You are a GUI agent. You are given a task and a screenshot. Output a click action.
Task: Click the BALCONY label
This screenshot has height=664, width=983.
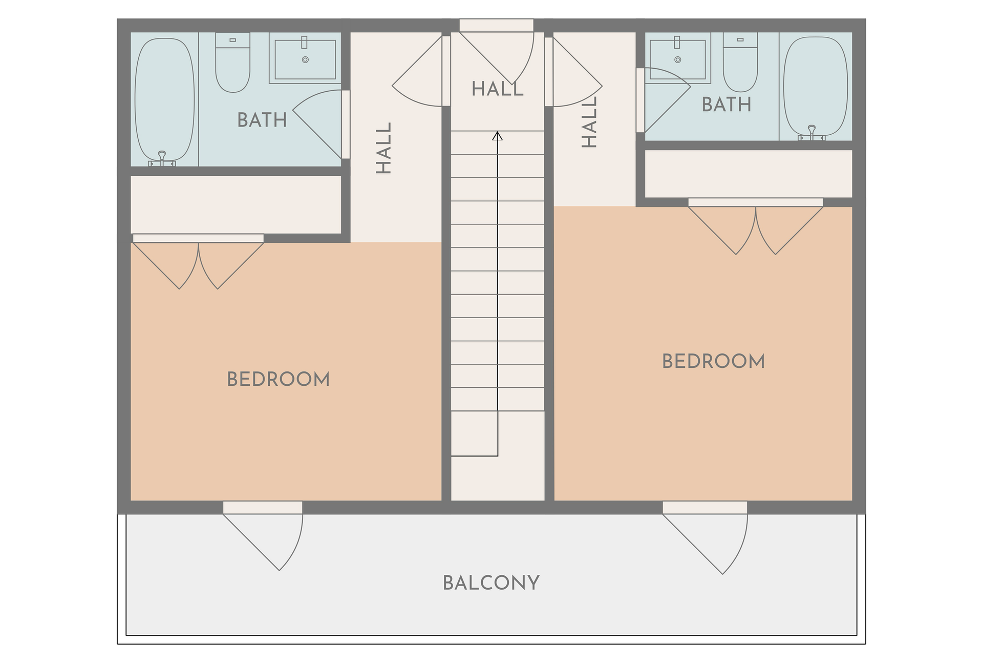click(491, 583)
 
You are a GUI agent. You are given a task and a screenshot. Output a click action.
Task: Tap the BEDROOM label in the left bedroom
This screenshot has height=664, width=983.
click(279, 380)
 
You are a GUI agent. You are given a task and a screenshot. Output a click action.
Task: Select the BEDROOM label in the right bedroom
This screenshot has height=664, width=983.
click(714, 362)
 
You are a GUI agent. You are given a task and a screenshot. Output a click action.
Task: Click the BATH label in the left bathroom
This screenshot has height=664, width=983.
click(262, 120)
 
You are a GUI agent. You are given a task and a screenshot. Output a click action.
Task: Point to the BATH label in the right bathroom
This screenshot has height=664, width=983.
click(726, 105)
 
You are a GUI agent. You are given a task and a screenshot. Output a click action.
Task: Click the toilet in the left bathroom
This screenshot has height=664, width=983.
click(233, 63)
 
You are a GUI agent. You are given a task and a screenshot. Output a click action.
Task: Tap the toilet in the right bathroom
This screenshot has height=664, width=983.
click(740, 63)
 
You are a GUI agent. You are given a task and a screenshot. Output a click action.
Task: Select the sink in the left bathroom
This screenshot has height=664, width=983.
click(305, 58)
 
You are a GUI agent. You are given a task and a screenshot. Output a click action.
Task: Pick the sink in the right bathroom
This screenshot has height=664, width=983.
click(678, 58)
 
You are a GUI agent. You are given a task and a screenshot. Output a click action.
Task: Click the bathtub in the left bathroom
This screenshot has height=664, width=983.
click(164, 100)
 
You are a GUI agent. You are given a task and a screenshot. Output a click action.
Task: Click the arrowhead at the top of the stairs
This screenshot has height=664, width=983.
click(497, 136)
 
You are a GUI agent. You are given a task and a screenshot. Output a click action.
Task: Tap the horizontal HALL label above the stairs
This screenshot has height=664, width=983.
click(498, 89)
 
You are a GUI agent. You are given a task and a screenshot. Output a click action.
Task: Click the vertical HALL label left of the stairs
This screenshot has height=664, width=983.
click(383, 148)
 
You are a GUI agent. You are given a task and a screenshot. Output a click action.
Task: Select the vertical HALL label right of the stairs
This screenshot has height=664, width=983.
click(590, 122)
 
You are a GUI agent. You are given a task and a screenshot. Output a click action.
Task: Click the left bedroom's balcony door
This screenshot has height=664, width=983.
click(263, 535)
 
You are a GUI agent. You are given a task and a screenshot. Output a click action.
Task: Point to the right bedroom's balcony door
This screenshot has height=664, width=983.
click(705, 537)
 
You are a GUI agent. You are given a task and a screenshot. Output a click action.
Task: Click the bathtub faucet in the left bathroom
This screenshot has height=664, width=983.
click(162, 159)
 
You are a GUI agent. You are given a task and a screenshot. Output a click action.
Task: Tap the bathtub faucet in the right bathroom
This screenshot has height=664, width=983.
click(811, 133)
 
